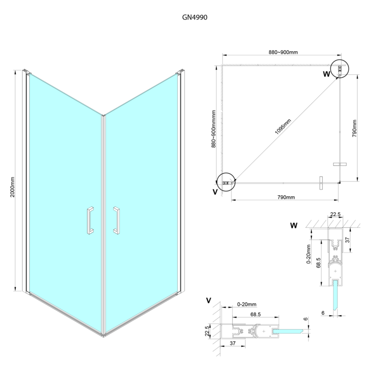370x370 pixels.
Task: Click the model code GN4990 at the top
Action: click(185, 16)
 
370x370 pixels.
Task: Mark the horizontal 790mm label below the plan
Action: click(286, 197)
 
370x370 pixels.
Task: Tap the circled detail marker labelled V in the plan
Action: click(226, 182)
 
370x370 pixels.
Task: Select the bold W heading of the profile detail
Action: click(294, 226)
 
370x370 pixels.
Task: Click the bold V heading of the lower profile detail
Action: click(209, 300)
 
